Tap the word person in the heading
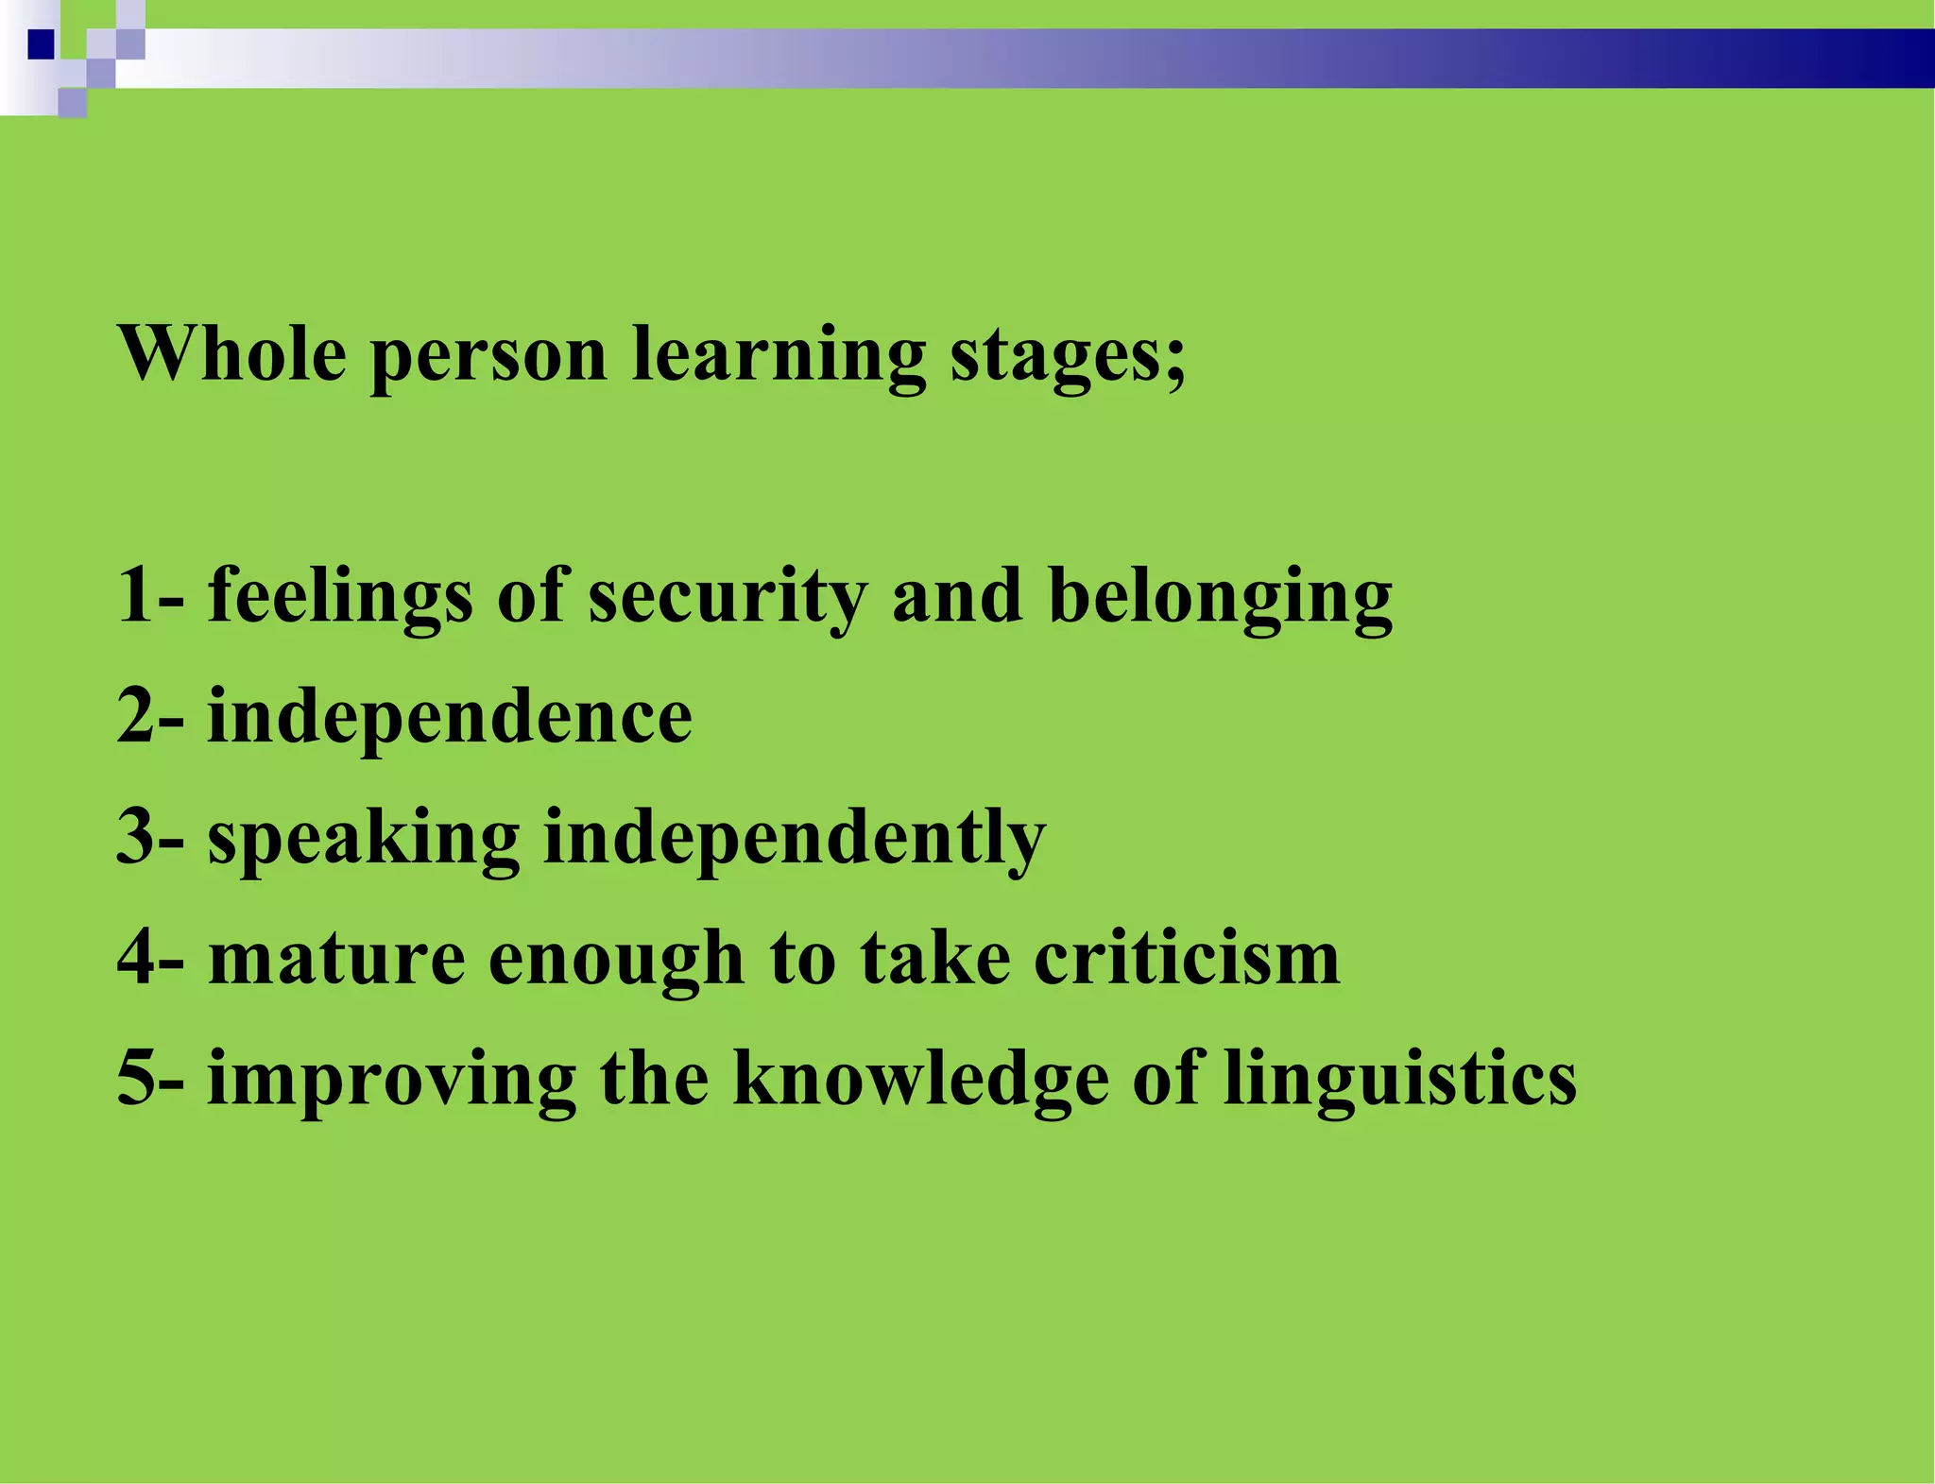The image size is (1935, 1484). pyautogui.click(x=489, y=357)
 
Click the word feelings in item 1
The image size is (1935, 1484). pyautogui.click(x=340, y=597)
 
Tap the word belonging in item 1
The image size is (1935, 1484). pyautogui.click(x=1221, y=597)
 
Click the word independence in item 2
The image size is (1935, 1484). pyautogui.click(x=450, y=718)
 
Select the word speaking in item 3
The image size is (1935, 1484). pyautogui.click(x=364, y=839)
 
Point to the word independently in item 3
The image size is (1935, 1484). pyautogui.click(x=795, y=839)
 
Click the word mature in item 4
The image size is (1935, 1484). pyautogui.click(x=337, y=958)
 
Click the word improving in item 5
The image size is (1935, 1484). pyautogui.click(x=392, y=1080)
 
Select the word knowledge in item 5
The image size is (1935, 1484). pyautogui.click(x=921, y=1080)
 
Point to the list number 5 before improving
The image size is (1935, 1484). pyautogui.click(x=135, y=1079)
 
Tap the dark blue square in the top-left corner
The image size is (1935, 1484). pyautogui.click(x=41, y=44)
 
